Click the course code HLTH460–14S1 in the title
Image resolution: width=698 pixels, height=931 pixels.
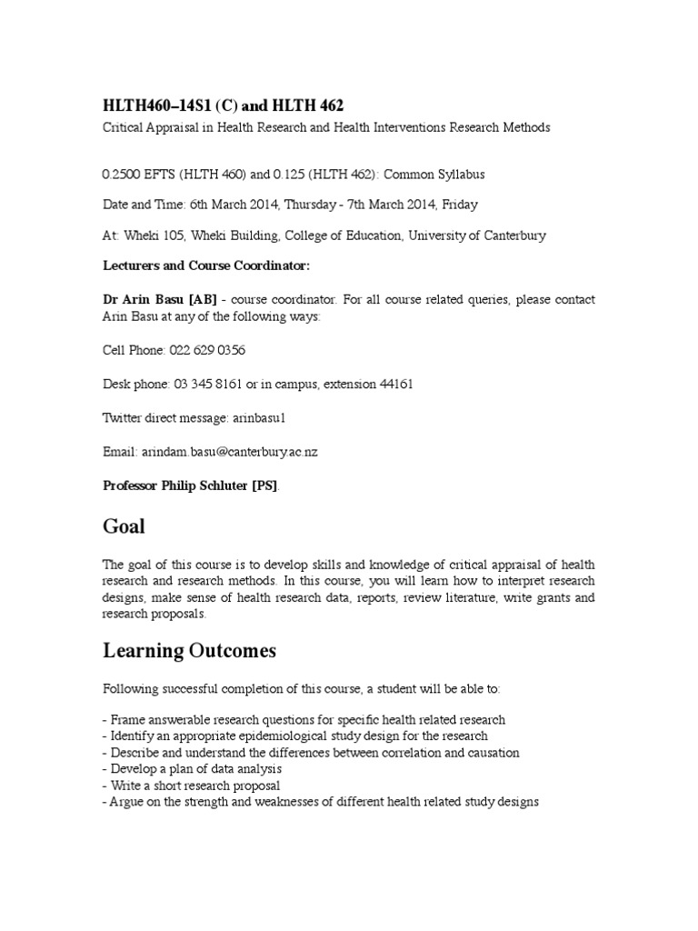tap(155, 106)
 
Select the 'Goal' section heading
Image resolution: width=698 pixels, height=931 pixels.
tap(124, 526)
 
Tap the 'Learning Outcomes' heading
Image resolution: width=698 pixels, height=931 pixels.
tap(189, 651)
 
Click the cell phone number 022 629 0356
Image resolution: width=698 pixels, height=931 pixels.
tap(205, 350)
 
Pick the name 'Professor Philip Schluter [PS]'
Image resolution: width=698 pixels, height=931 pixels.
tap(191, 486)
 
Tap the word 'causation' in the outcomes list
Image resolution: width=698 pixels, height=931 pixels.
tap(490, 753)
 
